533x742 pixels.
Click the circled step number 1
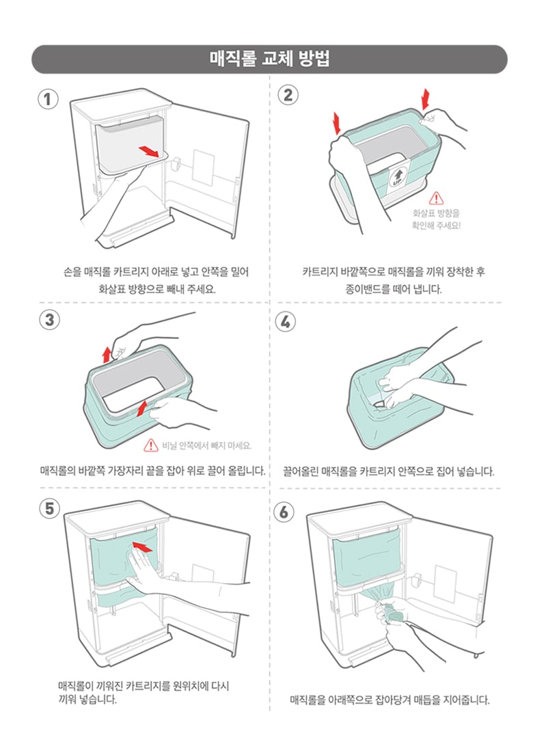(x=48, y=99)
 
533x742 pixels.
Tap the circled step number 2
(x=288, y=95)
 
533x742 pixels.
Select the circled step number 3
(x=50, y=320)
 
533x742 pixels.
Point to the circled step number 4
(x=286, y=322)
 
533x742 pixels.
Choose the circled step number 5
(x=50, y=509)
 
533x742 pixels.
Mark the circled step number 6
(x=284, y=512)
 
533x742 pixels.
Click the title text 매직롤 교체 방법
(x=269, y=59)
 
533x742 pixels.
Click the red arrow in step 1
(x=149, y=151)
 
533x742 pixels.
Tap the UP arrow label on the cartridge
(x=396, y=178)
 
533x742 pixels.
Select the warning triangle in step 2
(x=436, y=198)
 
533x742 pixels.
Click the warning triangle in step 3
(x=150, y=445)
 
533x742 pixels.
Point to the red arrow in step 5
(x=143, y=547)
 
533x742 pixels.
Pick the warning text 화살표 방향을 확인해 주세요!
(x=436, y=219)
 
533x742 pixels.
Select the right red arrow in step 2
(x=426, y=99)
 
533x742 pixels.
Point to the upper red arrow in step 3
(x=107, y=355)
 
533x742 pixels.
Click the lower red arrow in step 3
(x=141, y=409)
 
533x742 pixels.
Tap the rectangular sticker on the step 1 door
(x=203, y=167)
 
